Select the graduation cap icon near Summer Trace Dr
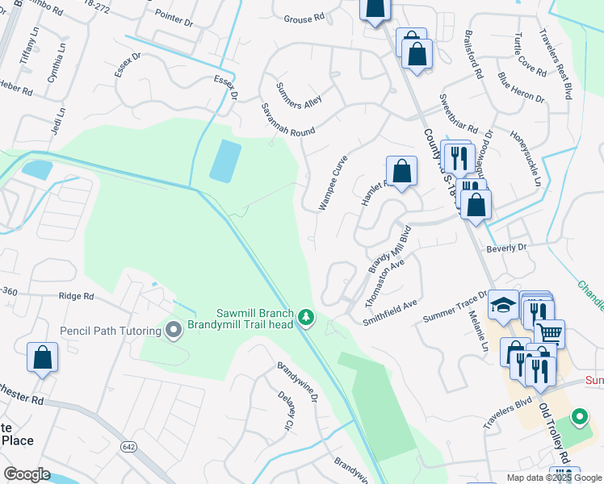[x=504, y=304]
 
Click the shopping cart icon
[x=549, y=332]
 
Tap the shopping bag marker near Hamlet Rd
[x=401, y=171]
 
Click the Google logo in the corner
[x=27, y=474]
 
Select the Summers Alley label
[x=299, y=95]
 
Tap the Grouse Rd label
[x=304, y=19]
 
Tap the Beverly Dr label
[x=506, y=248]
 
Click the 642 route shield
[x=129, y=446]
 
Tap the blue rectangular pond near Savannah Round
[x=225, y=161]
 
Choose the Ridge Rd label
[x=76, y=296]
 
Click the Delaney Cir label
[x=287, y=411]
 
